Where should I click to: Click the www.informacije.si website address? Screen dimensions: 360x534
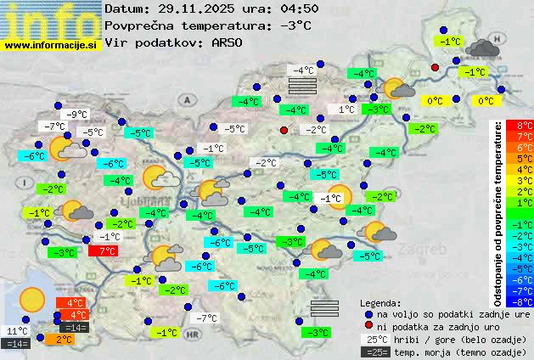(51, 46)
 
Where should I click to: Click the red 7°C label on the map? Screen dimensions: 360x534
(103, 251)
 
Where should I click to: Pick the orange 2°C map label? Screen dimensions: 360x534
(65, 339)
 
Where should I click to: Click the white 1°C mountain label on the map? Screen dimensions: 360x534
(346, 110)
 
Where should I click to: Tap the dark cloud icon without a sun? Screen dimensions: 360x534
(482, 48)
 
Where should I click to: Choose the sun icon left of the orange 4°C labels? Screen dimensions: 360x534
(32, 299)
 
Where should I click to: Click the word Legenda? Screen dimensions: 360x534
(380, 302)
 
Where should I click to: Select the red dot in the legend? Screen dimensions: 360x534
(368, 326)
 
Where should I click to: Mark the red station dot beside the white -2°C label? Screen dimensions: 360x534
(284, 130)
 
